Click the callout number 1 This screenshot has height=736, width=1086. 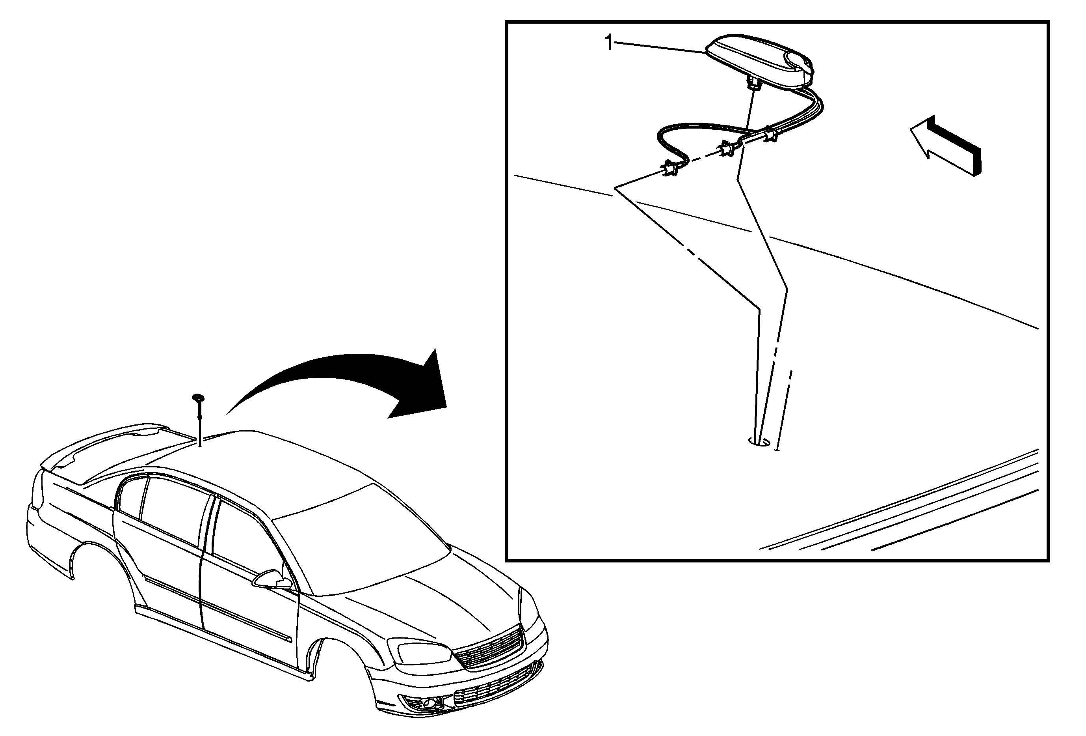608,43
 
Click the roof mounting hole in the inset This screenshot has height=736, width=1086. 760,441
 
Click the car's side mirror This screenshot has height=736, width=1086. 272,579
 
